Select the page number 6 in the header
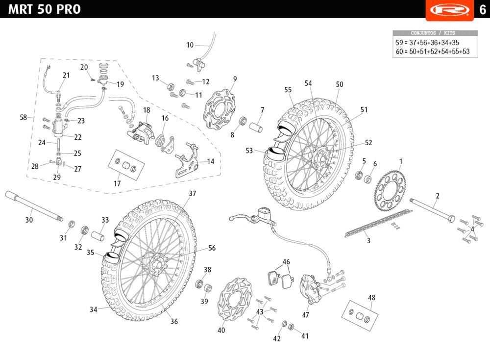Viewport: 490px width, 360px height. tap(482, 9)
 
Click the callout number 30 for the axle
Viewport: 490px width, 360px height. tap(29, 220)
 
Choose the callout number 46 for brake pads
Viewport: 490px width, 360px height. tap(286, 261)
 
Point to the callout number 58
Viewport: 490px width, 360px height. tap(23, 117)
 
